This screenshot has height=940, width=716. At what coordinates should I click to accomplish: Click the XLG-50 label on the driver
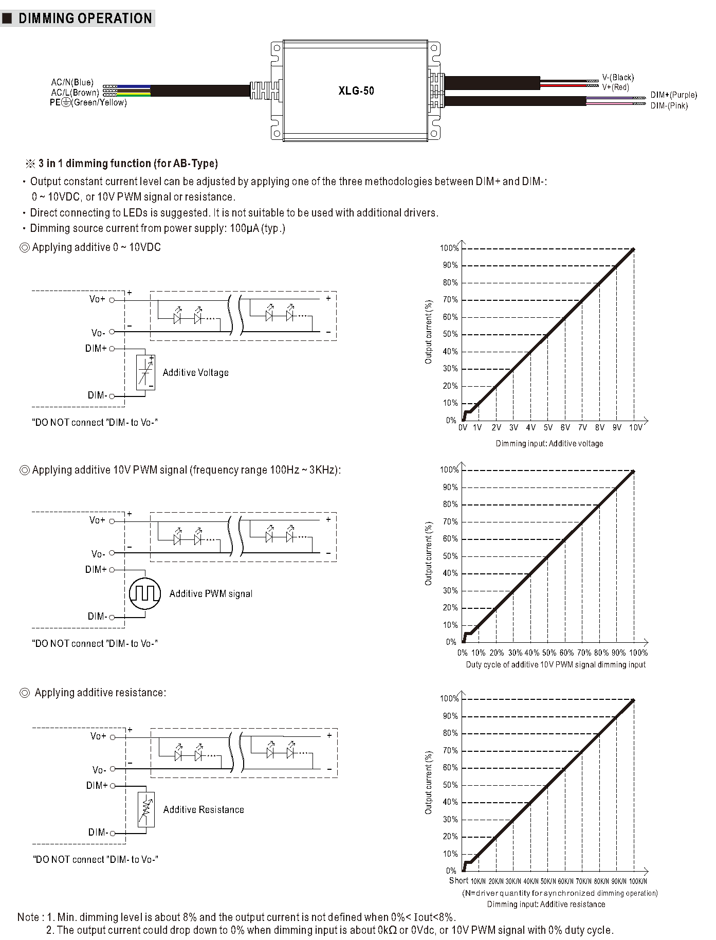click(356, 91)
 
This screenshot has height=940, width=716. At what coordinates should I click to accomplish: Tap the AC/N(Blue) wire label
click(72, 82)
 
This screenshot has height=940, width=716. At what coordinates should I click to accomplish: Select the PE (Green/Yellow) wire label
click(88, 102)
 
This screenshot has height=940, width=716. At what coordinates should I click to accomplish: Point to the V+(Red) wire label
click(615, 87)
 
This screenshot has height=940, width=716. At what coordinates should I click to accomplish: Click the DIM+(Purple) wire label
click(673, 95)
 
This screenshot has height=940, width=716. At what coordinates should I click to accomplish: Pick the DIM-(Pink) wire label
click(669, 106)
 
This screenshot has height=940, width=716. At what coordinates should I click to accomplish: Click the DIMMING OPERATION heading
click(85, 19)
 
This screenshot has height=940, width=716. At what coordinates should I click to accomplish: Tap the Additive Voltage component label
click(195, 373)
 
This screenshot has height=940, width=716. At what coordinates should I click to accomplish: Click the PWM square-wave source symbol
click(145, 593)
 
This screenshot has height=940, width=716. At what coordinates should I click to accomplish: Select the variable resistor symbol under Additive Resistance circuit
click(146, 809)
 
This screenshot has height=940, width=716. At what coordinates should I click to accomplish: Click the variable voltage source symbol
click(145, 372)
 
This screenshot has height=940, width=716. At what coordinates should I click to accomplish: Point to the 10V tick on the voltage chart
click(635, 427)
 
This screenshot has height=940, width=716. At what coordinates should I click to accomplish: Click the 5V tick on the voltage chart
click(548, 427)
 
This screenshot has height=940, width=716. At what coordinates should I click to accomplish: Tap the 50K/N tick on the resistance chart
click(548, 881)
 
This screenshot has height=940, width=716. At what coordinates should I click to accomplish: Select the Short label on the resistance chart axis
click(458, 880)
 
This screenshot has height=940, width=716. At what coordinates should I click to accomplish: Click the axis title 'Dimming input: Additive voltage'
click(549, 443)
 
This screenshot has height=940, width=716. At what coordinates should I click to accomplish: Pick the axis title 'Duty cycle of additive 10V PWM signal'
click(555, 664)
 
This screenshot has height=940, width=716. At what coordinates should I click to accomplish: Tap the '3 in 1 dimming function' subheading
click(128, 164)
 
